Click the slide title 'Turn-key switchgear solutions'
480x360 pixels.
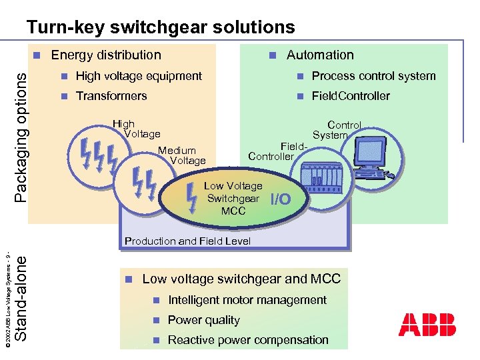coord(160,27)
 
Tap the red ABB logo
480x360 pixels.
coord(427,324)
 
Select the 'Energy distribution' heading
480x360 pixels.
coord(106,55)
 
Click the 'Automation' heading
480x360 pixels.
coord(320,55)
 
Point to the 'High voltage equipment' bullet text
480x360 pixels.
coord(139,76)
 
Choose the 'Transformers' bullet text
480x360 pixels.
coord(111,96)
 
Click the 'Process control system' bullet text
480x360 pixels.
coord(373,76)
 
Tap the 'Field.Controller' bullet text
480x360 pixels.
coord(351,96)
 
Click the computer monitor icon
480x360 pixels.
coord(371,154)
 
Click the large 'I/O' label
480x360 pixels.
coord(281,199)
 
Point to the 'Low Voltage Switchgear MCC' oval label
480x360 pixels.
coord(233,199)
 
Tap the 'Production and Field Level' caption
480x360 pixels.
coord(188,241)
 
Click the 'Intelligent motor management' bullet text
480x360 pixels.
coord(247,300)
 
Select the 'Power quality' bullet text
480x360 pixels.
coord(203,320)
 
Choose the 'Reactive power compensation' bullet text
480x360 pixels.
coord(248,340)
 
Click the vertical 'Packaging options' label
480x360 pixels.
coord(21,137)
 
